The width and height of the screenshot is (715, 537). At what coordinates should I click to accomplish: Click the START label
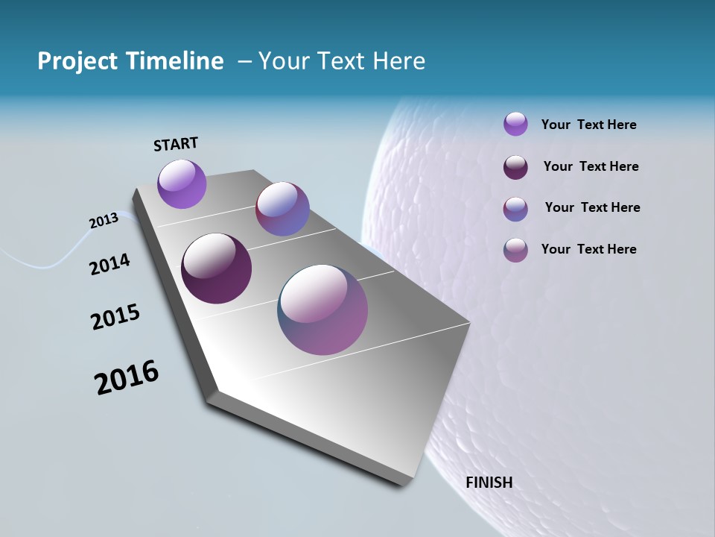point(176,144)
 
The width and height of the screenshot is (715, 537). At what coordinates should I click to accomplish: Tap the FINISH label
point(489,483)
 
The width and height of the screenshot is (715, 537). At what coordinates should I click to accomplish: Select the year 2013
point(104,221)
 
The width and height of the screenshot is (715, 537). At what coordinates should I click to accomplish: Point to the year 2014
point(109,265)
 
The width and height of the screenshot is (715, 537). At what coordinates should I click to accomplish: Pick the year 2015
point(115,317)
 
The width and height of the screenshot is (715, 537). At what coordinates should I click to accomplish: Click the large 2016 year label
point(127,377)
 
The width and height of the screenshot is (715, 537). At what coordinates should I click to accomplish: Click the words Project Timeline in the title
point(130,61)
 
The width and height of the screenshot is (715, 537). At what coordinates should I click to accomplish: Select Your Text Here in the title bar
point(342,61)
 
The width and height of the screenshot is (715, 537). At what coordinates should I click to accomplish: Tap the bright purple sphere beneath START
point(182,183)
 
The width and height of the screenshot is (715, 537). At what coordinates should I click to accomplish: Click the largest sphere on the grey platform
point(322,309)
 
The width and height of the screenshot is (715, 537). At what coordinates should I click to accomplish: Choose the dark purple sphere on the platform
point(216,268)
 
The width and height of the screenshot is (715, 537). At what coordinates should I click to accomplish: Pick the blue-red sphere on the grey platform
point(282,209)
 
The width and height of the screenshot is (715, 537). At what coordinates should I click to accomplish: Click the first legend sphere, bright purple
point(515,124)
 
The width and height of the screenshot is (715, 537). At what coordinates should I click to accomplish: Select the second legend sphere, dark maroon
point(515,167)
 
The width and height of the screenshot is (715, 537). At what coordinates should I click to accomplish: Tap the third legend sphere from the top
point(515,209)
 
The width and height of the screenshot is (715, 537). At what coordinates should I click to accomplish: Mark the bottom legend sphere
point(515,250)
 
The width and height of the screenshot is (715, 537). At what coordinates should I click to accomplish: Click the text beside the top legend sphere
point(588,125)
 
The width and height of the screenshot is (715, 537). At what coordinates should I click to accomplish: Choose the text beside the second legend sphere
point(591,166)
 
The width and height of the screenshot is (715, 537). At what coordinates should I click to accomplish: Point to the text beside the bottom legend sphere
point(588,249)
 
